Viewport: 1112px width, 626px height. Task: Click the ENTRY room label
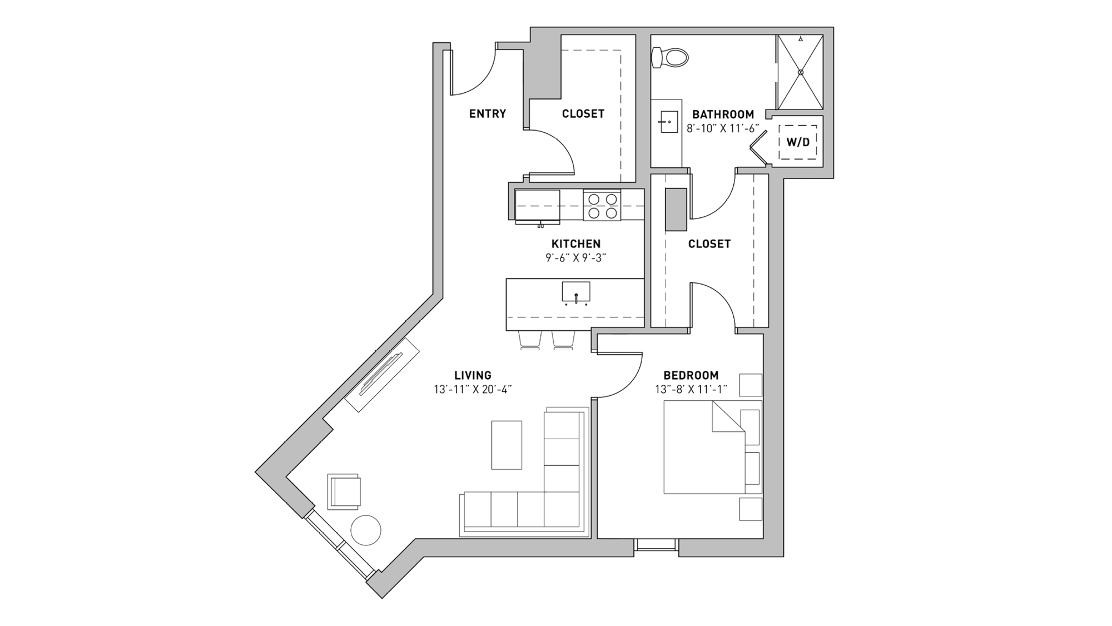pyautogui.click(x=488, y=114)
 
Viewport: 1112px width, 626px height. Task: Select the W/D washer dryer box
pyautogui.click(x=798, y=142)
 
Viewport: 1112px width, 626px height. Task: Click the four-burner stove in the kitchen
pyautogui.click(x=602, y=206)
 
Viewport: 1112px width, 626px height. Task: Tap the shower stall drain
pyautogui.click(x=801, y=72)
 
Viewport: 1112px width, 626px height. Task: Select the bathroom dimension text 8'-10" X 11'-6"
pyautogui.click(x=723, y=129)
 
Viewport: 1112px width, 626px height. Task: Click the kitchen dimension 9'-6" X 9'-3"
pyautogui.click(x=575, y=257)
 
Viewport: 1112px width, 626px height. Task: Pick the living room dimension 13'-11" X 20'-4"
pyautogui.click(x=473, y=389)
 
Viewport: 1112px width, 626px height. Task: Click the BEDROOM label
pyautogui.click(x=691, y=375)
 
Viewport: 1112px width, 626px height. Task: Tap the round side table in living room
pyautogui.click(x=366, y=530)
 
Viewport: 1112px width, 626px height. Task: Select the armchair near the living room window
pyautogui.click(x=345, y=491)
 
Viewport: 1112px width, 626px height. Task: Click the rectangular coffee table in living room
pyautogui.click(x=507, y=445)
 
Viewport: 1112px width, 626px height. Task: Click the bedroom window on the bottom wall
pyautogui.click(x=657, y=544)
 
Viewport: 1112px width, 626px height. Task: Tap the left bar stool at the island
pyautogui.click(x=530, y=340)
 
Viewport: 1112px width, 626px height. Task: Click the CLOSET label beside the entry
pyautogui.click(x=583, y=114)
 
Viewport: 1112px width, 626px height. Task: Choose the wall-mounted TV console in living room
pyautogui.click(x=381, y=375)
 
